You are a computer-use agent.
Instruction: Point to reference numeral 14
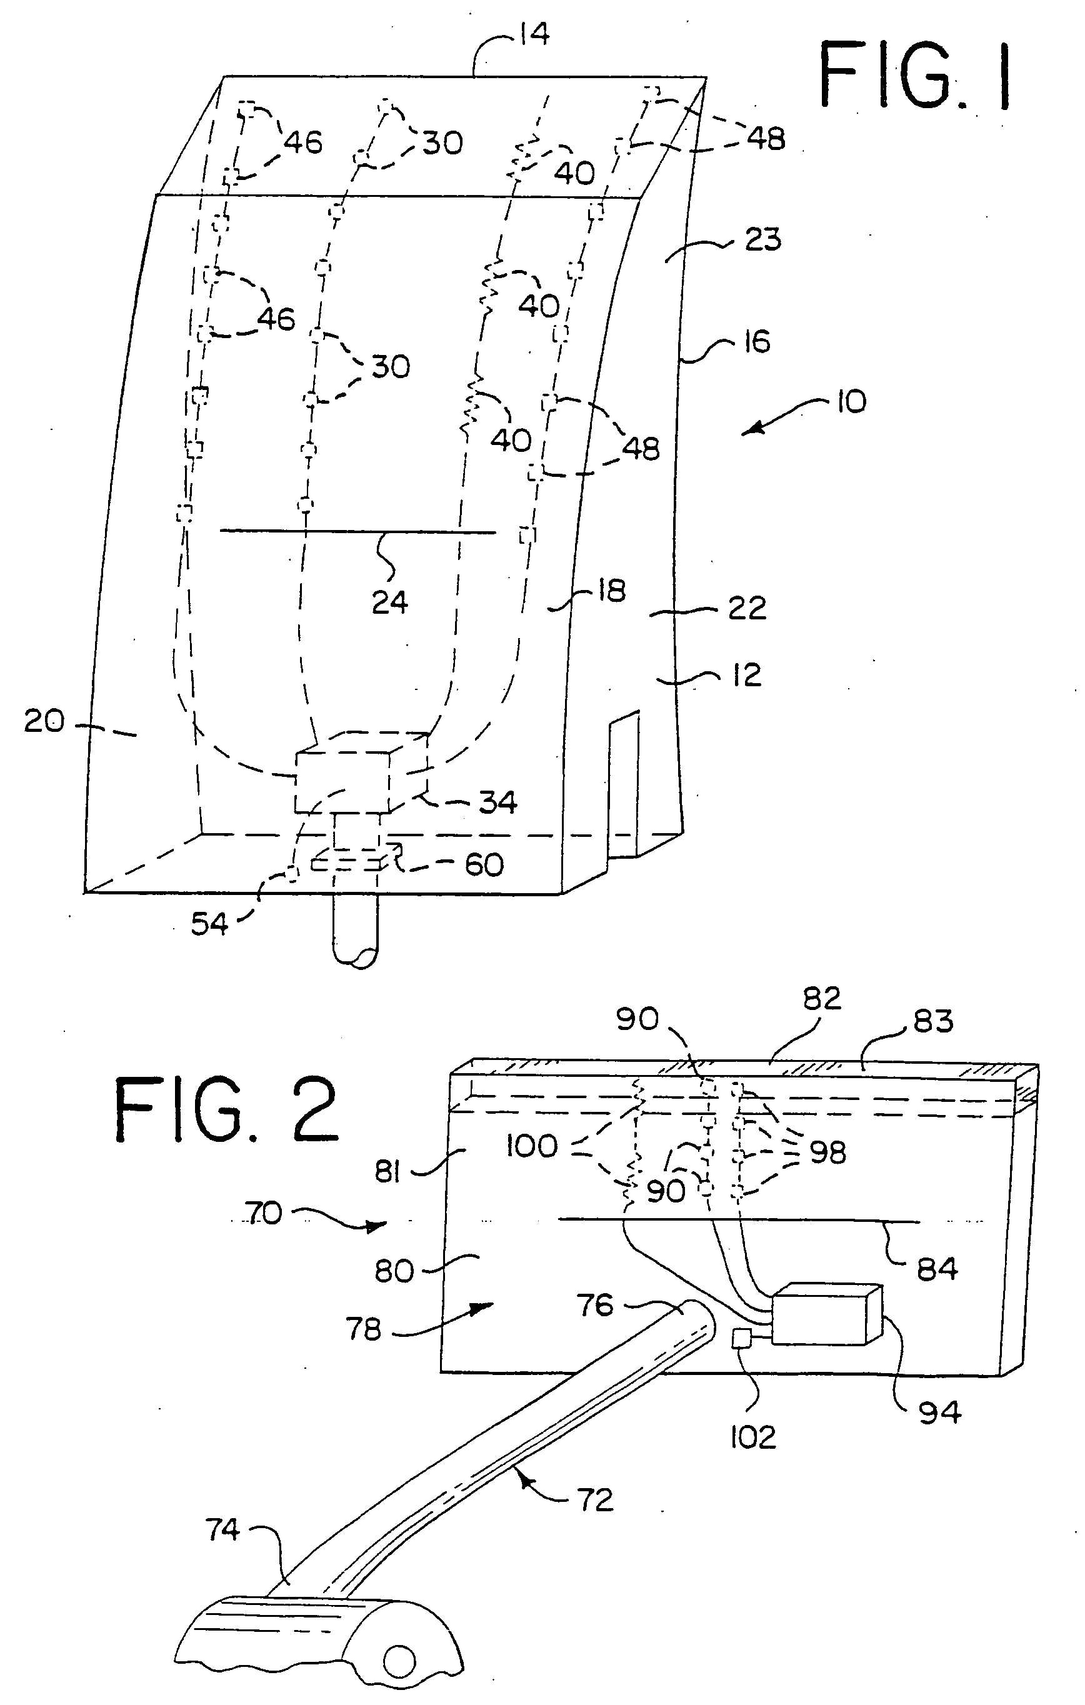(534, 34)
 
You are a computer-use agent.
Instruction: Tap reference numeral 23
(762, 240)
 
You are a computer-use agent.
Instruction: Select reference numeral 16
(756, 342)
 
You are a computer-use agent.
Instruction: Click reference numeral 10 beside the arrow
(851, 402)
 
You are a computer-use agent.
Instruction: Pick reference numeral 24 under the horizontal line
(389, 602)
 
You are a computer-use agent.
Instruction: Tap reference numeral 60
(484, 864)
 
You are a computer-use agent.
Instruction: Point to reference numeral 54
(209, 923)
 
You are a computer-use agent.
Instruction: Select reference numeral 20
(44, 721)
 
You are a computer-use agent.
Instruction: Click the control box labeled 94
(825, 1314)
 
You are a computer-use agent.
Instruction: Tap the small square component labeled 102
(741, 1338)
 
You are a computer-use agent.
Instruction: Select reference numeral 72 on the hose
(595, 1499)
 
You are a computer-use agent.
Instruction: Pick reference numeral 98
(827, 1152)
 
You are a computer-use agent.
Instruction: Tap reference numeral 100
(532, 1146)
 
